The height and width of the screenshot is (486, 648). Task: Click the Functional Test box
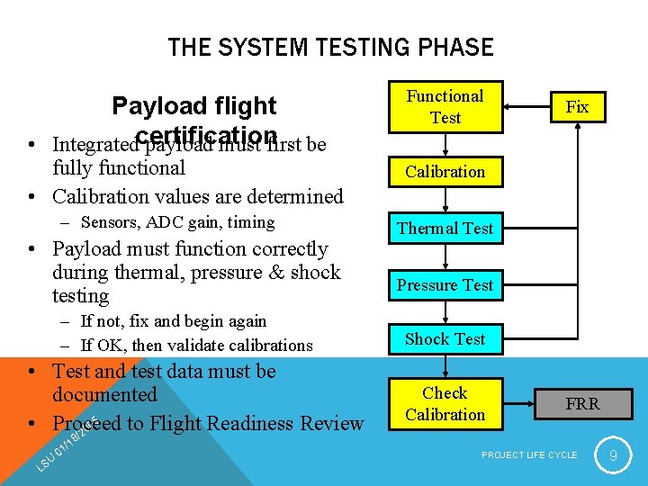point(445,106)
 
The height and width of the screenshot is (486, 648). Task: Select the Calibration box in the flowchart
point(445,172)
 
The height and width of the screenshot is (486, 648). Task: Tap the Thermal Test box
point(445,229)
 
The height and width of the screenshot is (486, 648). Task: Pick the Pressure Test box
point(445,285)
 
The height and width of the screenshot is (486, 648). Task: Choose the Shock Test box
point(445,339)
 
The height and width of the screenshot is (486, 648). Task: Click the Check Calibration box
point(445,403)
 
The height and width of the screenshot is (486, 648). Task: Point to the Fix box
point(577,107)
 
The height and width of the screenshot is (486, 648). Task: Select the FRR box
point(582,404)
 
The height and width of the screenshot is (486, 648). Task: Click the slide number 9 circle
point(613,455)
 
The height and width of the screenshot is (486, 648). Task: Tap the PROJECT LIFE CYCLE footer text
point(529,455)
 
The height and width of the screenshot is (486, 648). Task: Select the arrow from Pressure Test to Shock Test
point(445,312)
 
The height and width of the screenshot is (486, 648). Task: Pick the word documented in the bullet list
point(104,394)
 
